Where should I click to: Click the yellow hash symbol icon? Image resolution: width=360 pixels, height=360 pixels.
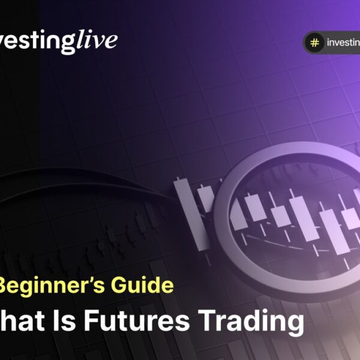click(313, 43)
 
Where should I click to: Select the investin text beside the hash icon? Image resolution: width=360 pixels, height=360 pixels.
click(343, 43)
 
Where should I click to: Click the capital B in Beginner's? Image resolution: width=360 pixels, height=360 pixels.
click(9, 286)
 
